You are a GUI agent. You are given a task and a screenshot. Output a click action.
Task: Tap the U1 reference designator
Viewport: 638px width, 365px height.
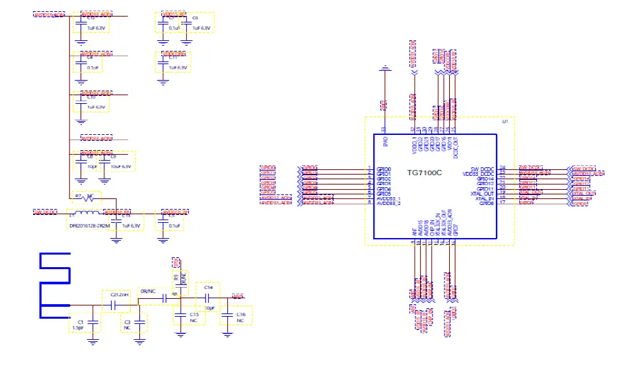coord(505,122)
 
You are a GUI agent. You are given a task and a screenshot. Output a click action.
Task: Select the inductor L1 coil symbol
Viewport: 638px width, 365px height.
coord(85,213)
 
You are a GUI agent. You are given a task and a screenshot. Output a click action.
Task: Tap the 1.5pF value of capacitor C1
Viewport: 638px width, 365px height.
coord(77,327)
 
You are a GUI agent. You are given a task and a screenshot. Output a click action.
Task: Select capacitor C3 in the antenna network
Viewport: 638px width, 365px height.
coord(127,321)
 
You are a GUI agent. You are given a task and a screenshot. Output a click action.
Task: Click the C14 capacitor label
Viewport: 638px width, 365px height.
coord(207,288)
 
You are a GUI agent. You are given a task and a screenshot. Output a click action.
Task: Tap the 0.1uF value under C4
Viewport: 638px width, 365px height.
coord(92,67)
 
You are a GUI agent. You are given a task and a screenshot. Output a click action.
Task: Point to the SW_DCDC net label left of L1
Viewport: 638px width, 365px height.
coord(46,212)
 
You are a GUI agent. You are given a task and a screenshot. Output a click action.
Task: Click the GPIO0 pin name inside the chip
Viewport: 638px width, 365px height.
coord(384,169)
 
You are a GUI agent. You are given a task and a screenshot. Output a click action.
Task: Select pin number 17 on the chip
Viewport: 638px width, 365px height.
coord(503,202)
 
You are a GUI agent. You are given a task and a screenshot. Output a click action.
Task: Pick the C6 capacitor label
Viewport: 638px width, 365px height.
coord(195,19)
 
